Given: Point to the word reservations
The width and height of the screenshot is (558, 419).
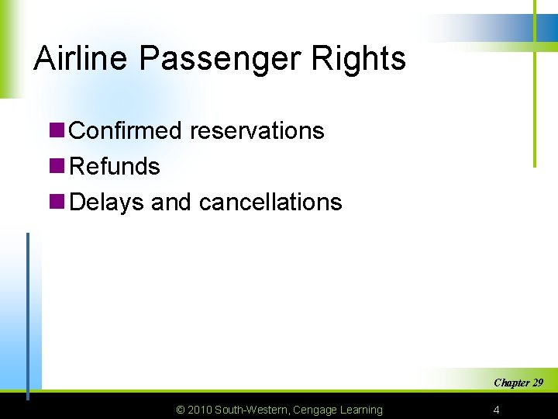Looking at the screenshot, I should (257, 130).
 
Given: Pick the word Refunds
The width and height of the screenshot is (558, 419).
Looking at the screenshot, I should (115, 166).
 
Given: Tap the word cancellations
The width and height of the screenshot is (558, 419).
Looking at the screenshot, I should (270, 202).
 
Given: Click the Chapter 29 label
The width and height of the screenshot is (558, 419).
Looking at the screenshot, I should (518, 383).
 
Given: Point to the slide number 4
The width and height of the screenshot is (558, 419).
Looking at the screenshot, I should (496, 410).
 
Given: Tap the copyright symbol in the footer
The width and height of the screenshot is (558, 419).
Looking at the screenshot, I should (181, 410).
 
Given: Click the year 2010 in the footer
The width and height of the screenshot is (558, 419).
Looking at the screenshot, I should (199, 410).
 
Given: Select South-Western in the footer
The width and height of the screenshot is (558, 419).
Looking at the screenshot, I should (252, 410).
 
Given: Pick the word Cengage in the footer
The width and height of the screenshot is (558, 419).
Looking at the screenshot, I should (315, 410).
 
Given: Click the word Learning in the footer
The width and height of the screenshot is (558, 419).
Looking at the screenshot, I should (360, 410).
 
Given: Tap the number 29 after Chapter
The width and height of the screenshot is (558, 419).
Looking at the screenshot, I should (537, 383).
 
